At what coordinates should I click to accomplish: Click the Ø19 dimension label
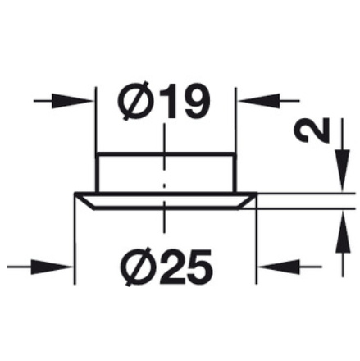pyautogui.click(x=163, y=100)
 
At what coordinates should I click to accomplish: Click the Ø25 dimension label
pyautogui.click(x=166, y=267)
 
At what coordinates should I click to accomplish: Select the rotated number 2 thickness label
pyautogui.click(x=312, y=130)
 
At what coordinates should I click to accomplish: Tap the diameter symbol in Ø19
pyautogui.click(x=134, y=101)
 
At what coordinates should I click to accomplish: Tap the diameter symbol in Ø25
pyautogui.click(x=137, y=267)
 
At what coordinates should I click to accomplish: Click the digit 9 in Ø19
pyautogui.click(x=195, y=100)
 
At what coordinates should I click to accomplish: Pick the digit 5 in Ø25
pyautogui.click(x=198, y=267)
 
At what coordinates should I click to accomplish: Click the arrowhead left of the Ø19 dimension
pyautogui.click(x=71, y=101)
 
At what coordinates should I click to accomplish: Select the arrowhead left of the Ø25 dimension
pyautogui.click(x=51, y=267)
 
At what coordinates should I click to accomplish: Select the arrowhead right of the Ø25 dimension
pyautogui.click(x=279, y=267)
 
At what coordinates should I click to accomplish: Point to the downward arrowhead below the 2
pyautogui.click(x=343, y=170)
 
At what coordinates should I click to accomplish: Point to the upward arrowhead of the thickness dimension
pyautogui.click(x=343, y=233)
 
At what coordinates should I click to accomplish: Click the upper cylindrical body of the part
pyautogui.click(x=166, y=173)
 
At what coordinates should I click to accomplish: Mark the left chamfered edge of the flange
pyautogui.click(x=84, y=202)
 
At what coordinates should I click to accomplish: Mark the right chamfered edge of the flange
pyautogui.click(x=247, y=202)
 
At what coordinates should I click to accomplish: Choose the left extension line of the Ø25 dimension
pyautogui.click(x=75, y=239)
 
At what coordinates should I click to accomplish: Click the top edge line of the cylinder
pyautogui.click(x=166, y=154)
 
